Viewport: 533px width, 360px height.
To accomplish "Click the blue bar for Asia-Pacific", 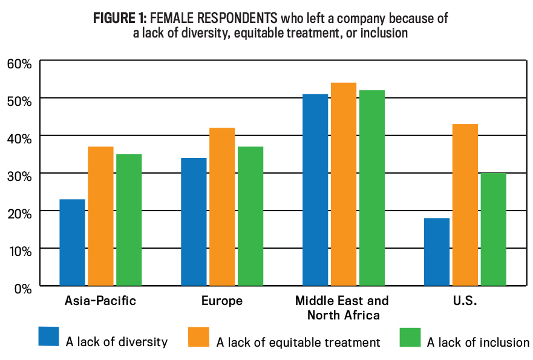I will click(73, 242).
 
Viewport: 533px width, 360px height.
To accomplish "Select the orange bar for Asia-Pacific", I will click(100, 216).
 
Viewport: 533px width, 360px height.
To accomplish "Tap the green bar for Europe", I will click(250, 216).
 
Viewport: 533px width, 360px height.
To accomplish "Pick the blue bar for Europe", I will click(194, 221).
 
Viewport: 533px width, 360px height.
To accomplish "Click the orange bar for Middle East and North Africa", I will click(344, 184).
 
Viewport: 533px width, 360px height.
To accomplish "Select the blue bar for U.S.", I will click(437, 252).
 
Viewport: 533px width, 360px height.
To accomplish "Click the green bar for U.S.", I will click(494, 229).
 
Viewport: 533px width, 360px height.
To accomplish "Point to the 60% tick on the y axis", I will click(19, 62).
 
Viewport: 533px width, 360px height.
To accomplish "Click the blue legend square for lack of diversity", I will click(49, 336).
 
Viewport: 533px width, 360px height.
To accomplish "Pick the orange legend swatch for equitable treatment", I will click(199, 336).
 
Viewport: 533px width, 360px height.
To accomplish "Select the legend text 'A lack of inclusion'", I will click(478, 342).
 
